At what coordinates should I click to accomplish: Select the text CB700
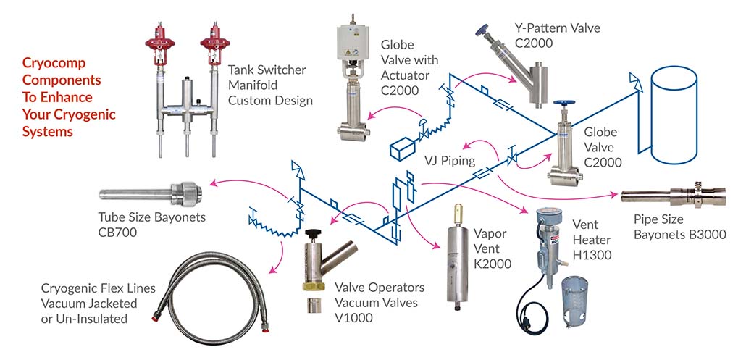coord(118,233)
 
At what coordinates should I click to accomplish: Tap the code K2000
coord(493,264)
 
